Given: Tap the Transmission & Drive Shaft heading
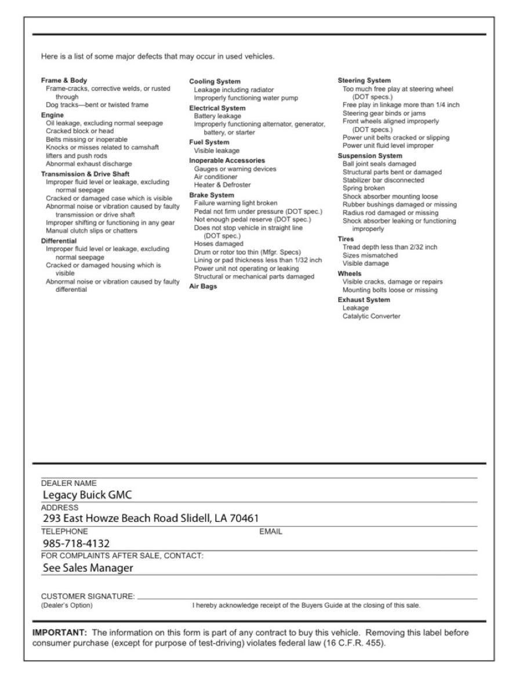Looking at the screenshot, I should [85, 173].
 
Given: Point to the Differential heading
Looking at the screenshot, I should [59, 240].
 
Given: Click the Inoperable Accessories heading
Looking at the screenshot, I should [227, 160].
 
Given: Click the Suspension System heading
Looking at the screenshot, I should [370, 156].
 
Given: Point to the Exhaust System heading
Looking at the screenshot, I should [364, 299].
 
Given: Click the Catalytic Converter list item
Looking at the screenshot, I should [371, 316].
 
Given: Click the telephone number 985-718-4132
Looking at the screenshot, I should [76, 543].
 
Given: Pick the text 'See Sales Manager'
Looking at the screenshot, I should [88, 568].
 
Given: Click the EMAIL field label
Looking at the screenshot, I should [270, 531].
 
